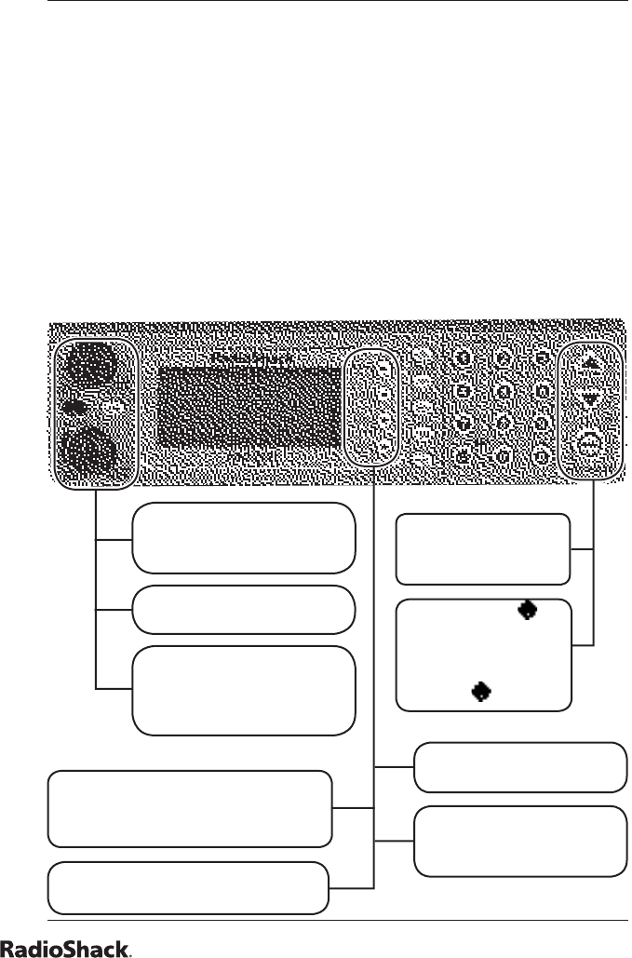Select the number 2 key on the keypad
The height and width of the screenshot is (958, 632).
pos(504,358)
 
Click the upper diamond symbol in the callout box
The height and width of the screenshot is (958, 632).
pos(528,610)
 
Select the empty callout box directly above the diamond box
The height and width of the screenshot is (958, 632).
pos(482,548)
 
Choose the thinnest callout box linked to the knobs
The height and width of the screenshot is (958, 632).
pos(244,610)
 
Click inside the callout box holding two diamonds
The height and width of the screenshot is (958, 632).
pos(482,654)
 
